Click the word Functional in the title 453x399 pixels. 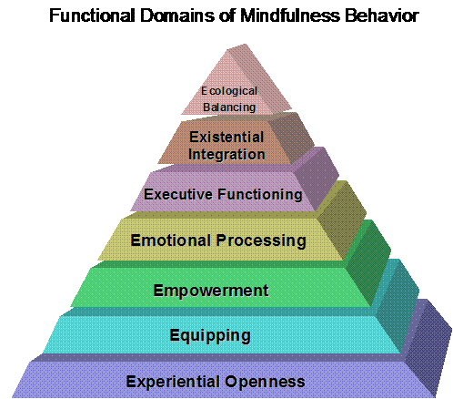(x=92, y=15)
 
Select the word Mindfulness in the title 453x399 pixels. (x=290, y=15)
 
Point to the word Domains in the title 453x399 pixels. (x=176, y=15)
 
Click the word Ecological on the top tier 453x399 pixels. (x=229, y=91)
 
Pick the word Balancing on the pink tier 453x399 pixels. (x=229, y=107)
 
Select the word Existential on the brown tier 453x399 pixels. (x=226, y=137)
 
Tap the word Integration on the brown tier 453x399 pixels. (x=226, y=154)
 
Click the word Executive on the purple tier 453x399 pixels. (x=178, y=194)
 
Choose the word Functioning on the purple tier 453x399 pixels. (x=260, y=195)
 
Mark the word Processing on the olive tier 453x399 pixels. (x=261, y=241)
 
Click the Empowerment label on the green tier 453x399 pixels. (x=211, y=291)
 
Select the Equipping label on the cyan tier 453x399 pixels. (x=210, y=336)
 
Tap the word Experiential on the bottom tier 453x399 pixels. (x=173, y=382)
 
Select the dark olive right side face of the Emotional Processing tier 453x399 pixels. (x=341, y=220)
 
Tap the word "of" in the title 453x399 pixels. (x=227, y=15)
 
